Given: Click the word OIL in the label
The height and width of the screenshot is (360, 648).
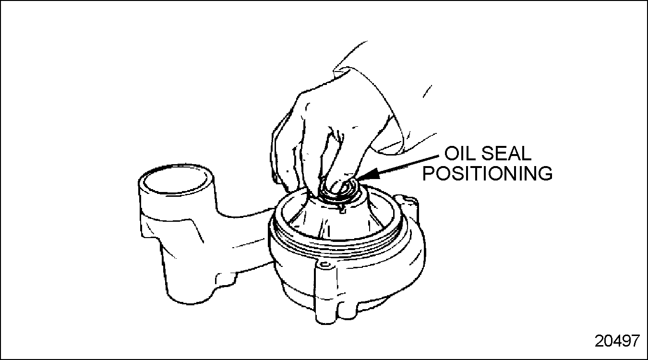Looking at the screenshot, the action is pyautogui.click(x=459, y=154).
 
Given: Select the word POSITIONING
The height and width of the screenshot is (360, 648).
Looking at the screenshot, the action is pyautogui.click(x=488, y=173).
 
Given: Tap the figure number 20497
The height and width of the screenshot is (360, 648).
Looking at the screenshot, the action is pyautogui.click(x=617, y=341).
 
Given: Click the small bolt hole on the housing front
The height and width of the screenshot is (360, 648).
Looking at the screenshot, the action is pyautogui.click(x=325, y=264).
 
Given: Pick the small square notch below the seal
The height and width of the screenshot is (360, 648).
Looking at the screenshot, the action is pyautogui.click(x=342, y=211).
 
